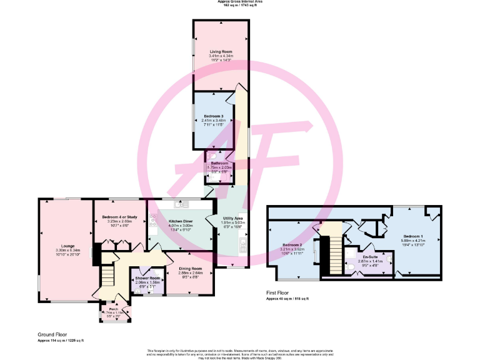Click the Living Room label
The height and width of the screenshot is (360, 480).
[220, 52]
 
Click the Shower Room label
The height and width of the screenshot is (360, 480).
[148, 278]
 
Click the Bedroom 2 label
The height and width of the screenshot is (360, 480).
[292, 244]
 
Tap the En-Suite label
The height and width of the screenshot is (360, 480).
[369, 256]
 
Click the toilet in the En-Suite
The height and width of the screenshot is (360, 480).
[351, 267]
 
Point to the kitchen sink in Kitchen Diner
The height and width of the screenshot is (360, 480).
[182, 204]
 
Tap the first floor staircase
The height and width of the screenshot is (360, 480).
[329, 250]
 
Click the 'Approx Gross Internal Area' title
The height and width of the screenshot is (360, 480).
[239, 2]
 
